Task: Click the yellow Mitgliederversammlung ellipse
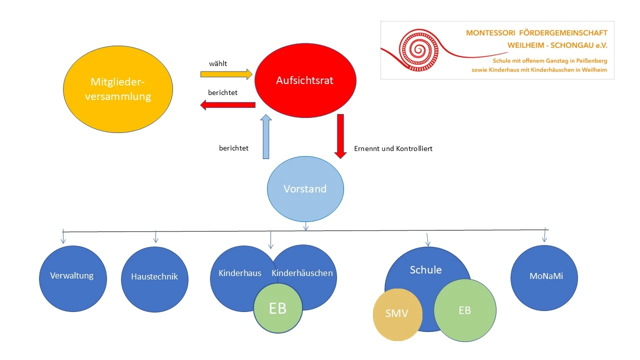click(x=118, y=89)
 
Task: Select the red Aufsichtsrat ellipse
click(x=305, y=80)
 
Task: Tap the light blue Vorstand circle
click(x=305, y=189)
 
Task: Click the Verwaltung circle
click(x=72, y=278)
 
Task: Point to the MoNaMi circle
click(x=545, y=277)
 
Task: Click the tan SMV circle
click(x=397, y=314)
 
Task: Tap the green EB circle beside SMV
click(x=464, y=310)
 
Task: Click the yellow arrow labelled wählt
click(x=226, y=74)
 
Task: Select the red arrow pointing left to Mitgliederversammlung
click(x=227, y=105)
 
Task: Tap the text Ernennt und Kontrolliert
click(x=393, y=148)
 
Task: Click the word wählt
click(x=218, y=63)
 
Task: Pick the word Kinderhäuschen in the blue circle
click(x=302, y=273)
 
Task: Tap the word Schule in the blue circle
click(x=425, y=270)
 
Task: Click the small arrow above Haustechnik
click(x=155, y=237)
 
